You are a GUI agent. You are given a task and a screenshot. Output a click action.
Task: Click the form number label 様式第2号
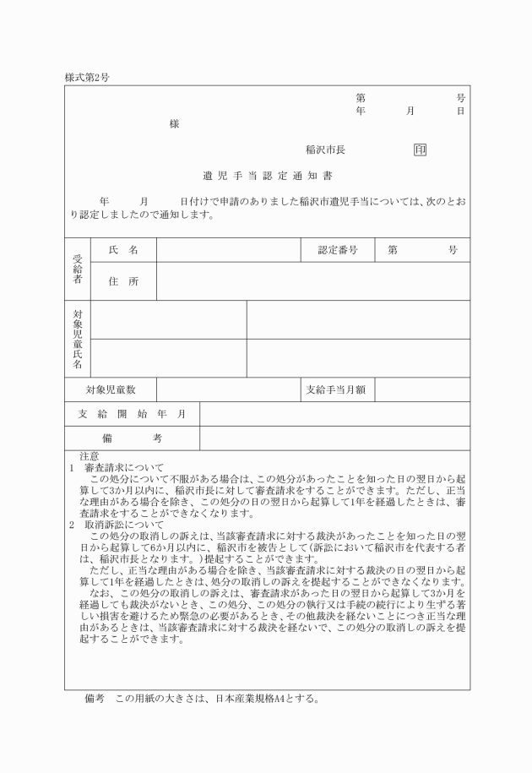(87, 78)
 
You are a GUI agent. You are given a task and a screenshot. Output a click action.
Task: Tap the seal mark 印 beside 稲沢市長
(420, 150)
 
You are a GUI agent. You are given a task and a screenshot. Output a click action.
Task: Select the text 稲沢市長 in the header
(325, 150)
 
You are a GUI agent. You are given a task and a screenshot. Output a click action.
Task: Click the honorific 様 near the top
(174, 123)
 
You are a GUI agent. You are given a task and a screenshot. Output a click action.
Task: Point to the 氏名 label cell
(123, 251)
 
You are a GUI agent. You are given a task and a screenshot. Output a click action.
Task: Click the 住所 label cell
(123, 281)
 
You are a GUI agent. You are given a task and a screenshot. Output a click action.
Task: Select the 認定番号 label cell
(338, 251)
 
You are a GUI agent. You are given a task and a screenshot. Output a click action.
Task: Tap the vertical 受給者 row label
(78, 266)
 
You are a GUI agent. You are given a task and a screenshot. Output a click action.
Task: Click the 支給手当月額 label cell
(338, 390)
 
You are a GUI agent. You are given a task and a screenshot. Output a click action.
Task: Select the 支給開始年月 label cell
(132, 414)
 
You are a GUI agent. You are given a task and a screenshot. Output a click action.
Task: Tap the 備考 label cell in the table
(132, 438)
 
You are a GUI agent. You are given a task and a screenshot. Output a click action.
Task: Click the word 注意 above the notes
(89, 456)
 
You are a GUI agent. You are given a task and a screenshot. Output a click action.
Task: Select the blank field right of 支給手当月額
(422, 390)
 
